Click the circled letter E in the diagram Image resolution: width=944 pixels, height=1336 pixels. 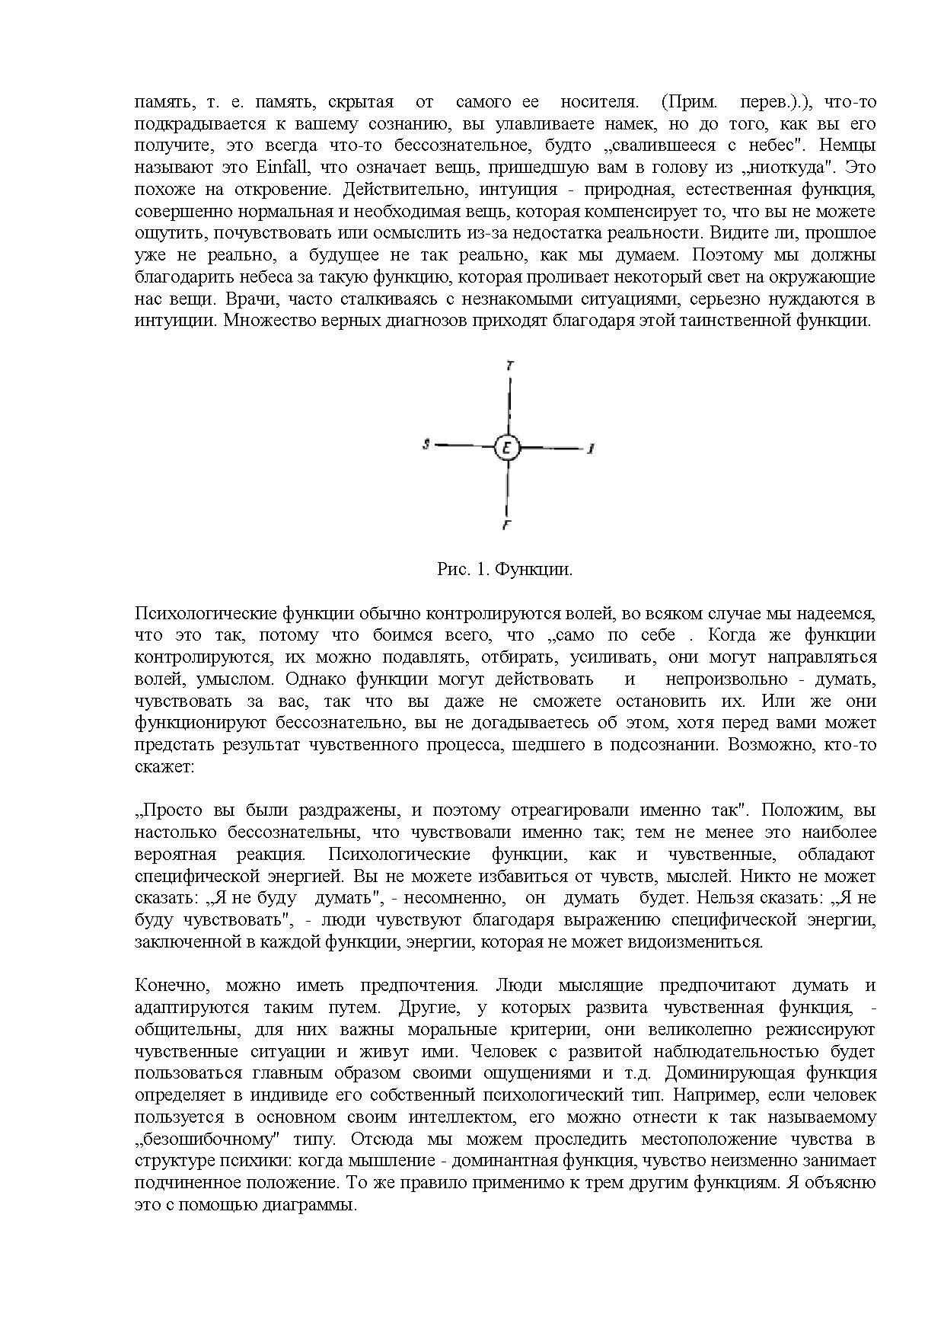pos(507,447)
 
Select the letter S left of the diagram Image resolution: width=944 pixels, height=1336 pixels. pos(427,443)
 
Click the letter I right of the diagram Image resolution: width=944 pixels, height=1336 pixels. pos(590,449)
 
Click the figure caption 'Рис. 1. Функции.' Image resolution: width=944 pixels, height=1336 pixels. pos(505,569)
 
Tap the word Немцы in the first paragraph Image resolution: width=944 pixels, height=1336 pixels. pos(845,145)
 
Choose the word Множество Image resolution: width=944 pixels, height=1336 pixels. pos(259,321)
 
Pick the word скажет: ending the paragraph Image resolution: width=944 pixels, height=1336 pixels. pos(165,766)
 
